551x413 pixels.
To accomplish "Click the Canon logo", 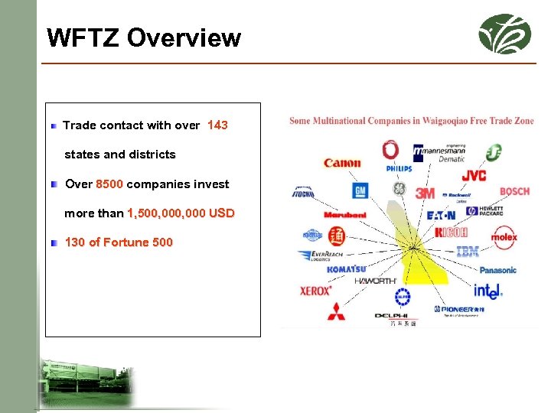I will coord(342,163).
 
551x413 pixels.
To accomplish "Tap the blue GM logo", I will coord(360,190).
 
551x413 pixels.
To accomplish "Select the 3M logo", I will coord(425,193).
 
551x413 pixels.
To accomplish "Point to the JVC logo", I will coord(474,176).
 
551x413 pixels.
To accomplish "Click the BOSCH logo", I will coord(514,191).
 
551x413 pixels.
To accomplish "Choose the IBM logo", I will coord(468,252).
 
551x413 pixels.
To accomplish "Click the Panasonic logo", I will coord(498,270).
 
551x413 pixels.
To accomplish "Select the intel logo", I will coord(487,291).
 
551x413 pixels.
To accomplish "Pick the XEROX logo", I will coord(315,291).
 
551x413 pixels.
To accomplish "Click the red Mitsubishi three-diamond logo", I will coord(336,311).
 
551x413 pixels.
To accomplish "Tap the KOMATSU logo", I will coord(346,269).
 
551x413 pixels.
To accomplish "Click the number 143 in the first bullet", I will coord(217,125).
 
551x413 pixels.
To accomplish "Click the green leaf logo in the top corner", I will coord(504,34).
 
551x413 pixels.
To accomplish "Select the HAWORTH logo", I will coord(375,281).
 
